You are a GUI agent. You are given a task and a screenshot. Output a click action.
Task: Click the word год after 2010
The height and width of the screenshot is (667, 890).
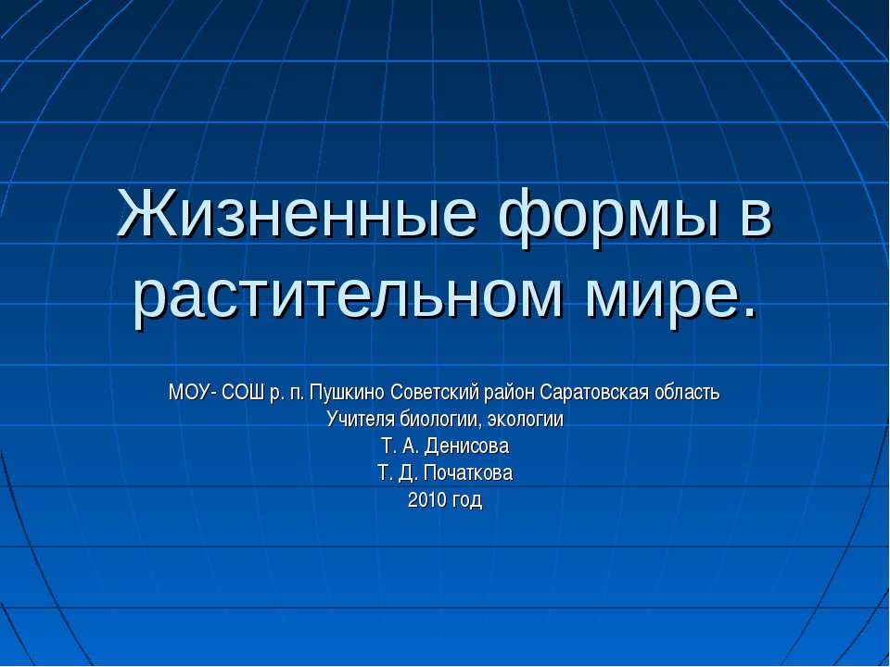tap(466, 502)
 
